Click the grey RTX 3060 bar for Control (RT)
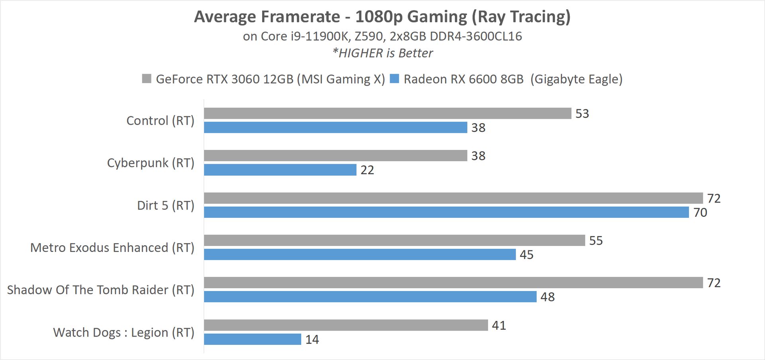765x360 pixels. [387, 113]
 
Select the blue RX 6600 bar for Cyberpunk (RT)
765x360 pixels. [280, 170]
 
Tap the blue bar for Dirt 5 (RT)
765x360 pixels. [446, 212]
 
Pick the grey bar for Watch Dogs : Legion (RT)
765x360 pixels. [346, 325]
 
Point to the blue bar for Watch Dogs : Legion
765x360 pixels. [253, 339]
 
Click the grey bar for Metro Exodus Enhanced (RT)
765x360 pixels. [394, 240]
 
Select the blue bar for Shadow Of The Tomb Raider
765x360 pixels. [370, 297]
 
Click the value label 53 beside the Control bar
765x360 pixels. [582, 114]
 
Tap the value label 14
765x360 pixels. [312, 340]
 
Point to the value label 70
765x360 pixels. [700, 212]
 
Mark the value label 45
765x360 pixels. [526, 255]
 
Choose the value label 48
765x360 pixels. [547, 297]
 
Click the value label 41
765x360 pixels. [499, 326]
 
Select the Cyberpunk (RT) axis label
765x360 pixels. [151, 163]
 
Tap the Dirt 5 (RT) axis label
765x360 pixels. [166, 205]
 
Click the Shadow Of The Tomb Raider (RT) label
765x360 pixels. [101, 290]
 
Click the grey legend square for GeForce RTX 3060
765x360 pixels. [147, 79]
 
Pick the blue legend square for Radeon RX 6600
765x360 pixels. [394, 79]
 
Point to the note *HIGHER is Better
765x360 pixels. [382, 53]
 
